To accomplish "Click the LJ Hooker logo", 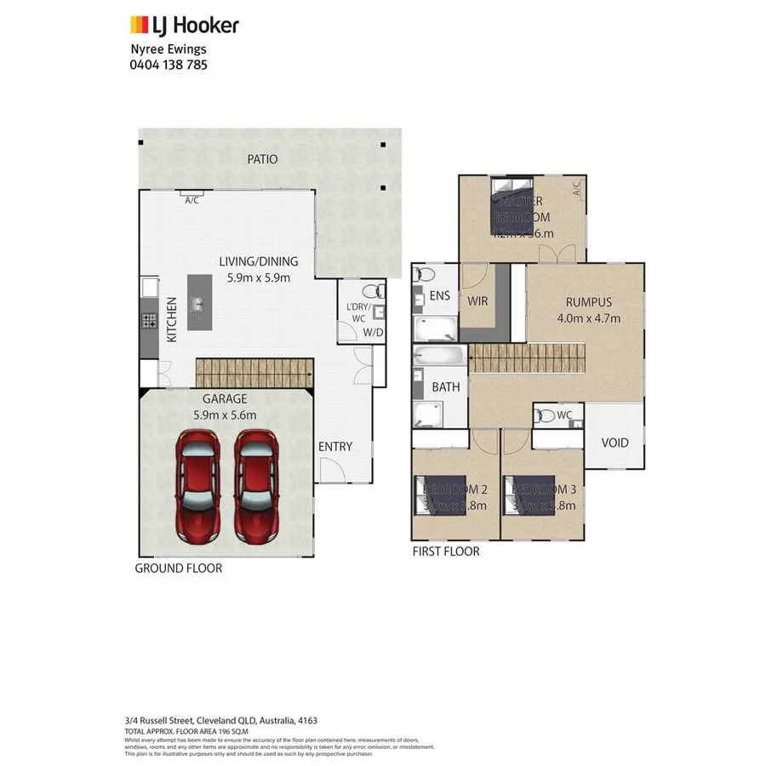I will [184, 26].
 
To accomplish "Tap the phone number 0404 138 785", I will [169, 64].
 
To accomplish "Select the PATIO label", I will [262, 159].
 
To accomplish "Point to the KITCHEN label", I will [171, 319].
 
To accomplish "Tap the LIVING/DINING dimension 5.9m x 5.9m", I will [260, 277].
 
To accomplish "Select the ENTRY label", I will [334, 447].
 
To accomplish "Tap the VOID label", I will [615, 443].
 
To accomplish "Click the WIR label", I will [477, 301].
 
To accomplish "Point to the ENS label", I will [439, 296].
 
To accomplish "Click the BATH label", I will [445, 386].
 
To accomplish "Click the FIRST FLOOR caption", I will [445, 552].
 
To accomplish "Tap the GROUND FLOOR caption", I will [179, 568].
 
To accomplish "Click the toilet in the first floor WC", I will [543, 416].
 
